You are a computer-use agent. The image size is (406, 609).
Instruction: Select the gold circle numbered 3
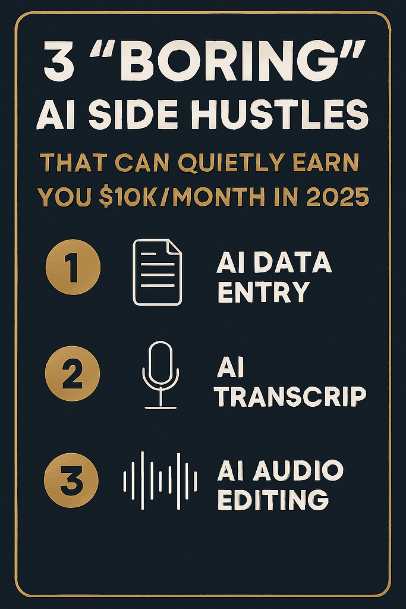(73, 480)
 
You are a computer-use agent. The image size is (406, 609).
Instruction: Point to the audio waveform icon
(159, 481)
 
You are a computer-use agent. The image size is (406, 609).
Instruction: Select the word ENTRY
(262, 292)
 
